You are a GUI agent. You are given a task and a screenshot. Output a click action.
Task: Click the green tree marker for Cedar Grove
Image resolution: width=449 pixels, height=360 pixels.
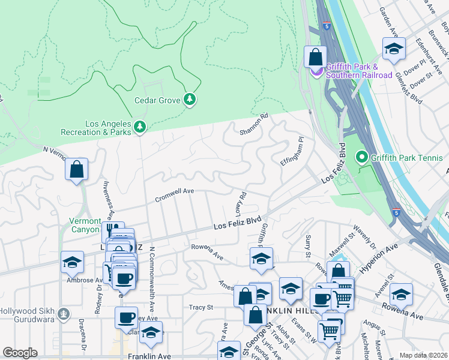[x=190, y=99]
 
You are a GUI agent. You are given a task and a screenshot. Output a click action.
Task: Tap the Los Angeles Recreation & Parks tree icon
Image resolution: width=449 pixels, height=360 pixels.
[x=139, y=127]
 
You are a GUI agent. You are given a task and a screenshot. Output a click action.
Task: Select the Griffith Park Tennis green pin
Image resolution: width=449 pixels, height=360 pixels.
[x=361, y=158]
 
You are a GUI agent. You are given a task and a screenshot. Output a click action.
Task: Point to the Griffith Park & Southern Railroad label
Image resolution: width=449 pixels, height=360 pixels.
[x=359, y=71]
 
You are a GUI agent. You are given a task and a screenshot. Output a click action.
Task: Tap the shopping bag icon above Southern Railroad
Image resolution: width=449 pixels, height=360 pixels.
[x=315, y=58]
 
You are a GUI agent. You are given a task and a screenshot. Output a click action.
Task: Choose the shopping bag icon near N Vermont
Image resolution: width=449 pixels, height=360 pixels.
[x=77, y=170]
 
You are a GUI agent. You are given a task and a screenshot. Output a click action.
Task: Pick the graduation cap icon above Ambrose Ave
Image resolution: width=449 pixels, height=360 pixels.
[x=71, y=262]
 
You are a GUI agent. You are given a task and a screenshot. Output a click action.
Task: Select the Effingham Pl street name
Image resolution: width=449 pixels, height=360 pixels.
[x=292, y=152]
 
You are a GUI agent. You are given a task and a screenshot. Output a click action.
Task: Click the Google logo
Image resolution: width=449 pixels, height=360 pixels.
[x=20, y=353]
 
